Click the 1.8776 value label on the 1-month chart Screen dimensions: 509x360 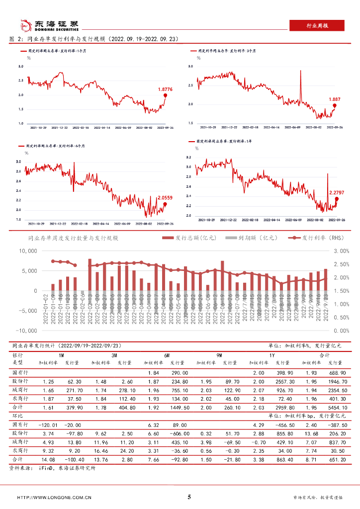(x=165, y=89)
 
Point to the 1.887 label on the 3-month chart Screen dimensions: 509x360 (x=335, y=99)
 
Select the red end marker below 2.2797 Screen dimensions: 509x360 (x=337, y=199)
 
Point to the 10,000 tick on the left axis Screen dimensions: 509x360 (x=27, y=251)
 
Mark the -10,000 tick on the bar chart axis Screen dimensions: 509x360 (x=25, y=331)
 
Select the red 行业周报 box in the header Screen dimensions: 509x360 (x=316, y=25)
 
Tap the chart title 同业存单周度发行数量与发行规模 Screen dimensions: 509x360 (x=73, y=239)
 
